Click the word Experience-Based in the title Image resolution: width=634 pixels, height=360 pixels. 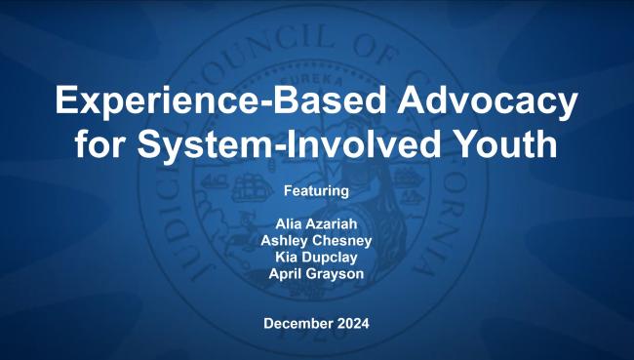tap(206, 101)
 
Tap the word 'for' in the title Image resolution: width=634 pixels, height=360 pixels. tap(103, 143)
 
